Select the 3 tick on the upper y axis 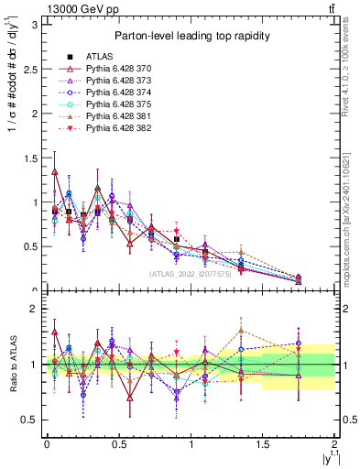[35, 25]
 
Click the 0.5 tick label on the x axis [118, 444]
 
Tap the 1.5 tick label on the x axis [263, 444]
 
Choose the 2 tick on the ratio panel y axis [35, 310]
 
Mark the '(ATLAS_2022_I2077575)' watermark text [191, 274]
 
